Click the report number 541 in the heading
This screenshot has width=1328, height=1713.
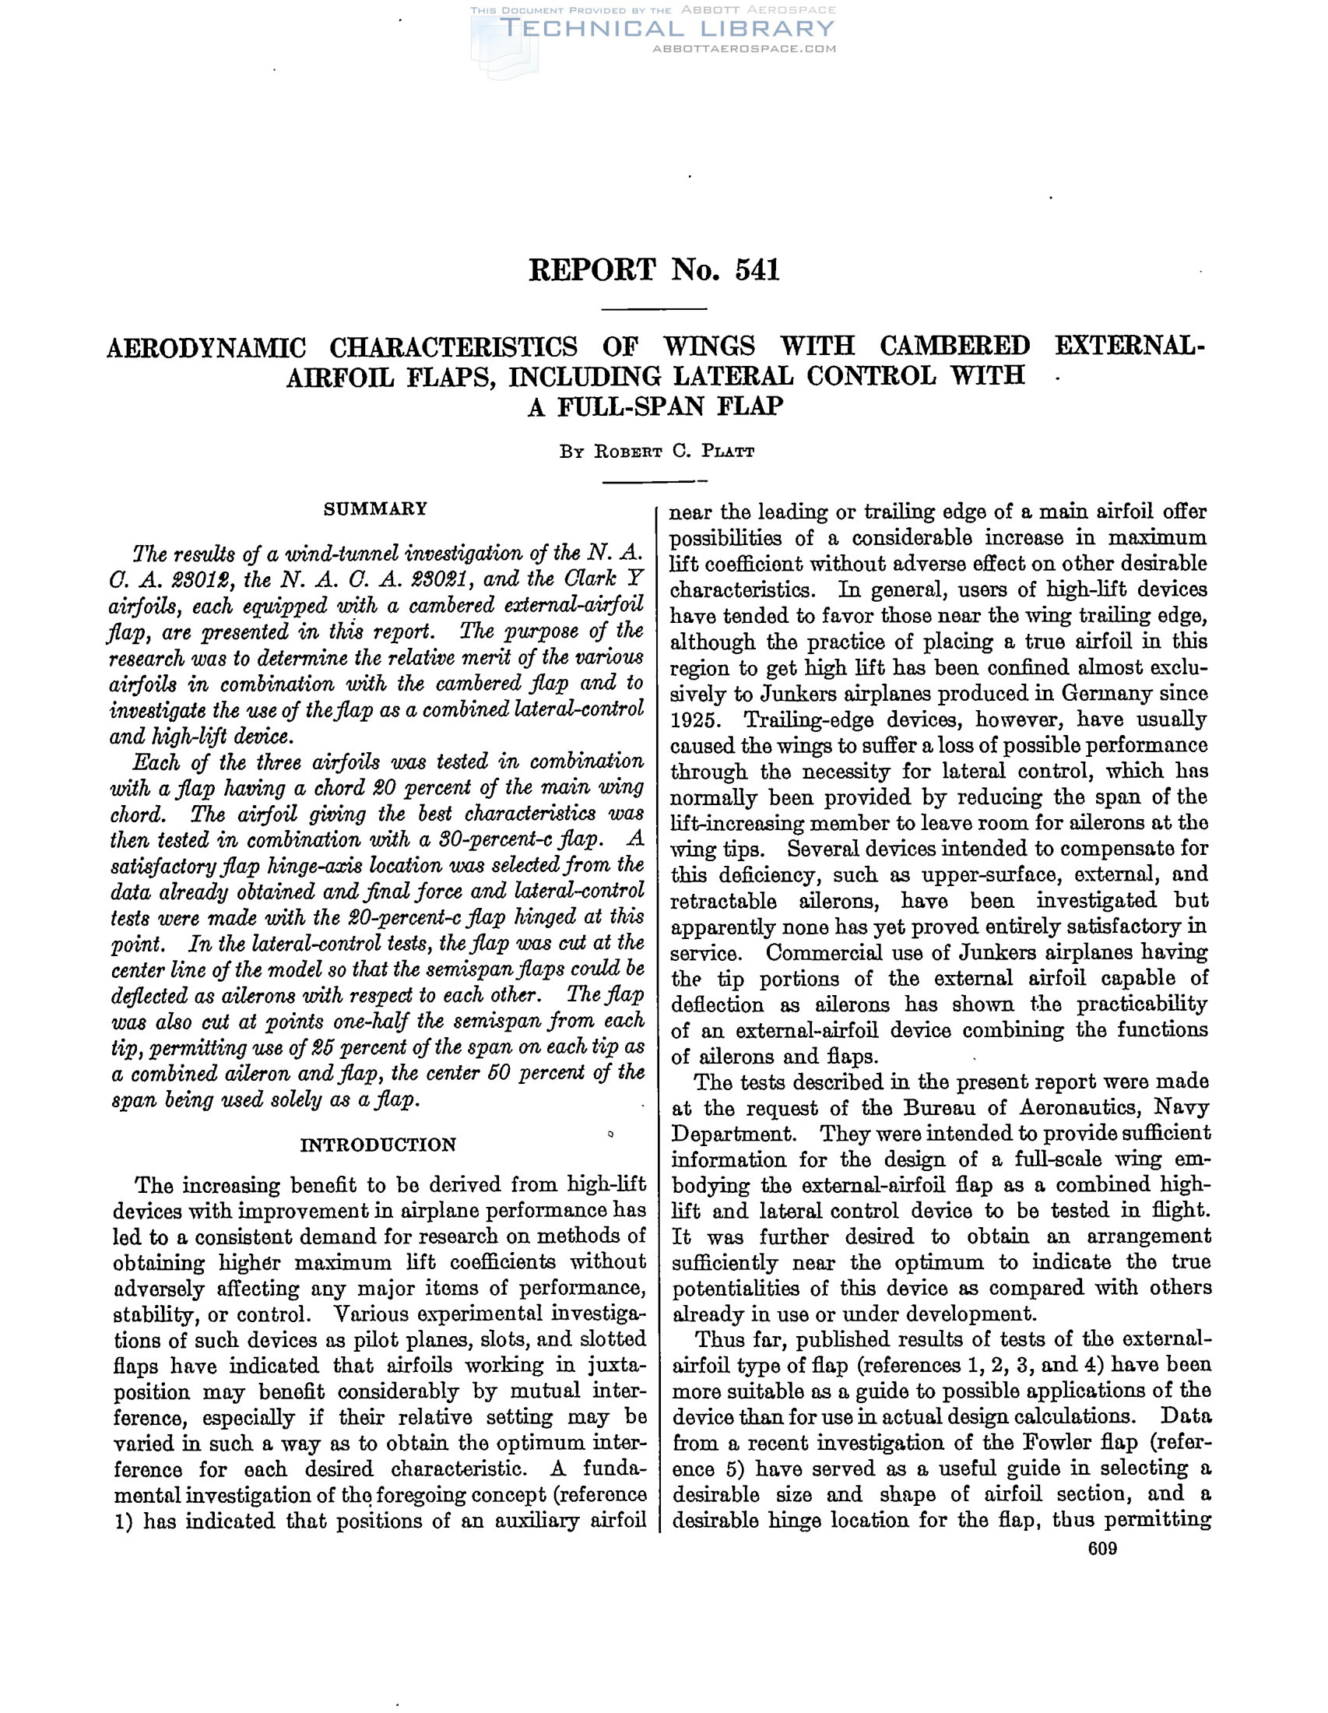757,270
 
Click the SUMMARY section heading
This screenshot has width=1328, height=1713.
375,509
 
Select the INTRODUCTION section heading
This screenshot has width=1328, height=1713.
378,1145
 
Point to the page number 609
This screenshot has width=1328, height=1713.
1102,1549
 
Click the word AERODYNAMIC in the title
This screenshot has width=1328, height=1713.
206,346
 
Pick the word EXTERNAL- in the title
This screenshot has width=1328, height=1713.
1129,346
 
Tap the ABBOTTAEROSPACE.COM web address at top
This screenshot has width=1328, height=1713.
744,48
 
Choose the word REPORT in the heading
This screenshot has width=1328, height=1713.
592,270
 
